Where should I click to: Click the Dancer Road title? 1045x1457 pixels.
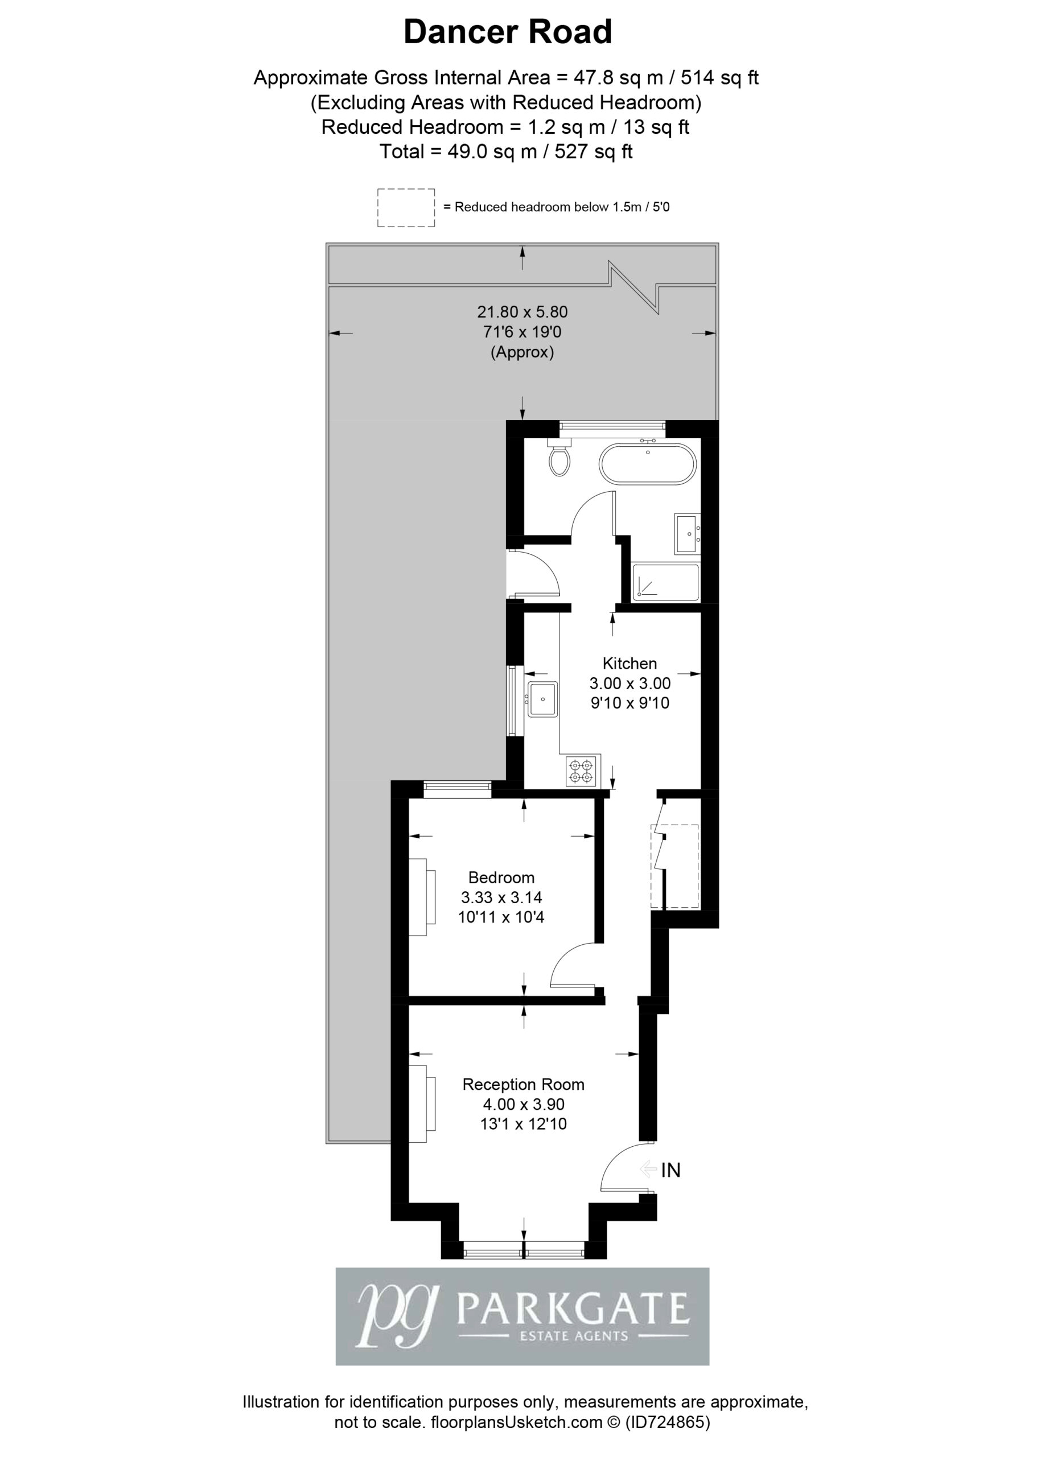coord(507,32)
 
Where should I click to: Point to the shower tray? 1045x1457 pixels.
coord(665,583)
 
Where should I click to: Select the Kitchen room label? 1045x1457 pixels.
coord(630,663)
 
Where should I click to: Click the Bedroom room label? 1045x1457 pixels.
coord(501,877)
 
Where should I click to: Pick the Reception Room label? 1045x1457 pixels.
coord(524,1084)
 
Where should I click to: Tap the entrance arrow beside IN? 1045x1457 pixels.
coord(648,1169)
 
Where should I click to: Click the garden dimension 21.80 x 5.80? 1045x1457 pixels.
coord(522,312)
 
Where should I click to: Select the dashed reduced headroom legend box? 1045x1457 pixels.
coord(406,208)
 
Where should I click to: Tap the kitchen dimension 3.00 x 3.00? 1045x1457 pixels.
coord(630,683)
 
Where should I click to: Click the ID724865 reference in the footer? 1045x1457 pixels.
coord(668,1422)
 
